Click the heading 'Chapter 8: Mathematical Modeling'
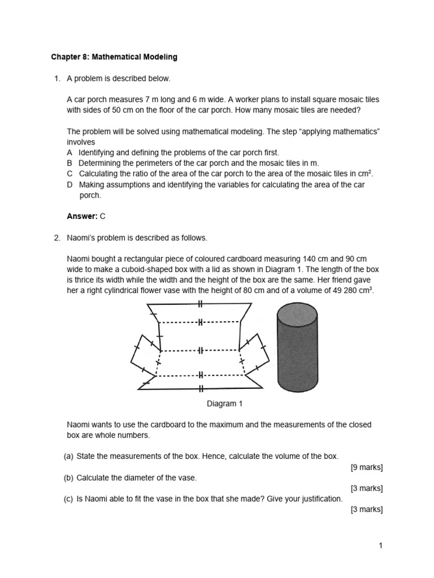coord(114,57)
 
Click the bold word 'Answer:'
coord(82,216)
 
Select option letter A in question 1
coord(70,152)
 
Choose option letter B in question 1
coord(70,163)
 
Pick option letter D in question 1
coord(70,185)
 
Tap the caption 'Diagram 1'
coord(225,404)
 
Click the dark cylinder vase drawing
coord(297,350)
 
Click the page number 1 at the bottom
coord(381,545)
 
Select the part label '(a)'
coord(69,456)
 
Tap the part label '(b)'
coord(69,478)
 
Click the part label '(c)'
coord(69,499)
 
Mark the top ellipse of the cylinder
coord(297,310)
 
